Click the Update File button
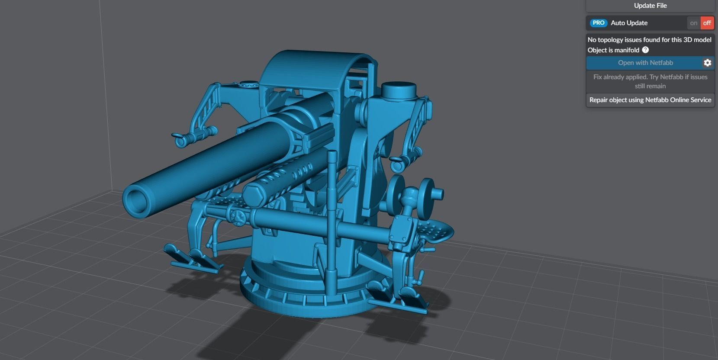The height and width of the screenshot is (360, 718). coord(650,6)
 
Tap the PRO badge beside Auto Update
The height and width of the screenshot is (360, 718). coord(598,23)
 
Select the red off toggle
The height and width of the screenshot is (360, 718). coord(707,23)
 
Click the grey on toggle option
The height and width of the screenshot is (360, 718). coord(694,23)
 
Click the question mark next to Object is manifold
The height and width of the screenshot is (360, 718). coord(645,50)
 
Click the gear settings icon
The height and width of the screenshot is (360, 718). coord(707,63)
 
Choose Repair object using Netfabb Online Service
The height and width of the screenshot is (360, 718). coord(650,100)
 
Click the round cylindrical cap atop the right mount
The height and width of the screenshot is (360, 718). coord(398,90)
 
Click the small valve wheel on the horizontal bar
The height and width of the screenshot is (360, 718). coord(237,216)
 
